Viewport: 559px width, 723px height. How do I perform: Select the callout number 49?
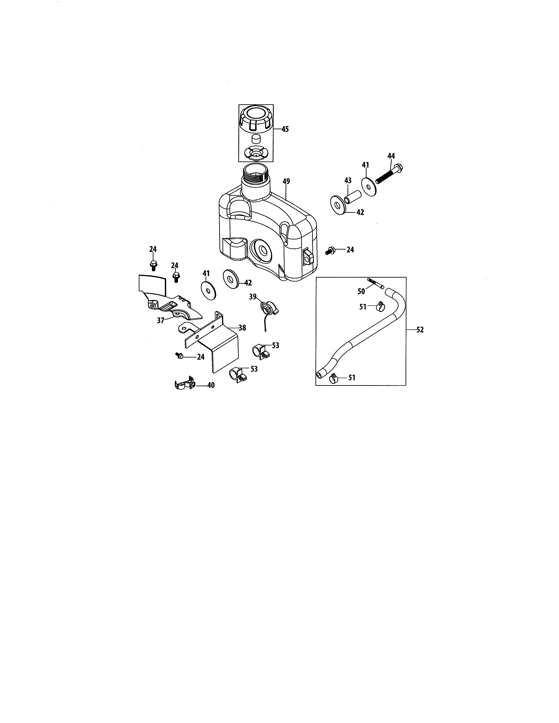286,181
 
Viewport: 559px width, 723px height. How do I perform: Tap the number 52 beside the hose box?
420,330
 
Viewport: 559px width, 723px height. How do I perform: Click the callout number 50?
361,291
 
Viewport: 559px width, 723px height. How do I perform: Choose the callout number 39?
253,297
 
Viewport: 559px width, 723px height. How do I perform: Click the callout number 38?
242,328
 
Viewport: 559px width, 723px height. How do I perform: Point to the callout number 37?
161,321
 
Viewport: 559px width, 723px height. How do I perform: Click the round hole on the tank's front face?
263,250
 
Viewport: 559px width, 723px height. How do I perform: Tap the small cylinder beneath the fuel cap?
256,138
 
